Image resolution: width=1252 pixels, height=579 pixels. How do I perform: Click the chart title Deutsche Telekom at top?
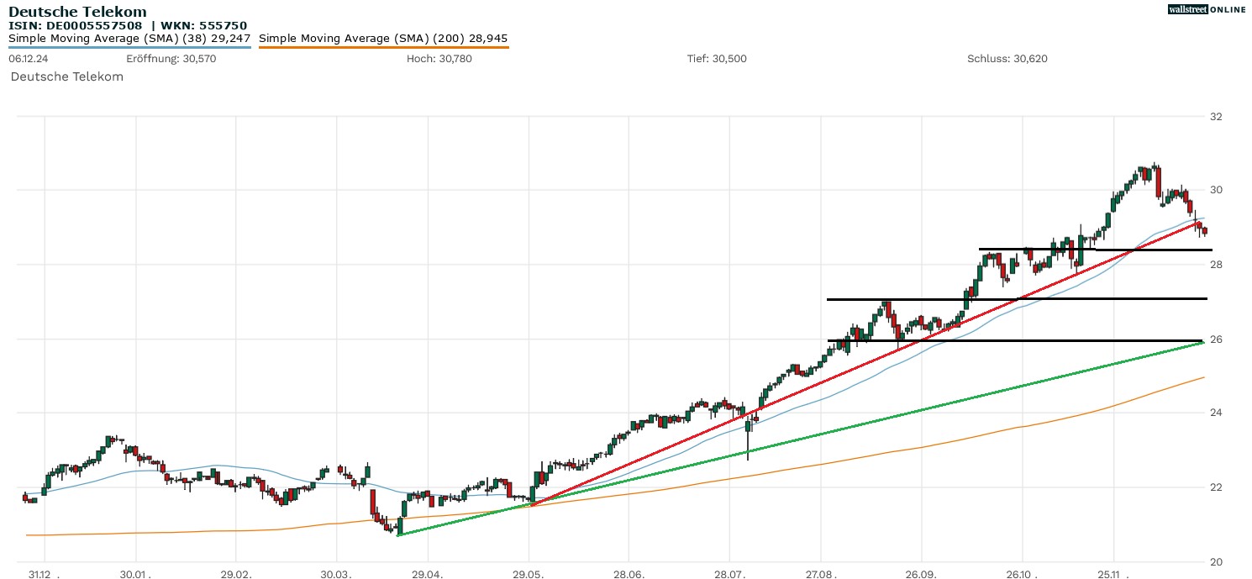pyautogui.click(x=77, y=12)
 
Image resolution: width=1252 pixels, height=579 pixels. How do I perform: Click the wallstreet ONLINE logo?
pyautogui.click(x=1207, y=9)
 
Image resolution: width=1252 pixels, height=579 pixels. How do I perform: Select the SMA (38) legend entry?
pyautogui.click(x=129, y=39)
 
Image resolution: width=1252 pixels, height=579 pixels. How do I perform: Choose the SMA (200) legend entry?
pyautogui.click(x=383, y=39)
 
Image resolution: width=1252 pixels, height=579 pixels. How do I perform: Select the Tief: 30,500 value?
pyautogui.click(x=717, y=59)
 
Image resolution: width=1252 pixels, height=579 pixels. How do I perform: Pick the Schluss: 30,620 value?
pyautogui.click(x=1007, y=59)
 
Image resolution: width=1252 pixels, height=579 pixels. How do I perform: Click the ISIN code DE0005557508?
pyautogui.click(x=93, y=25)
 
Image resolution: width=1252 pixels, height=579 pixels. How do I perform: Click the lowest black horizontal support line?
pyautogui.click(x=1008, y=340)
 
